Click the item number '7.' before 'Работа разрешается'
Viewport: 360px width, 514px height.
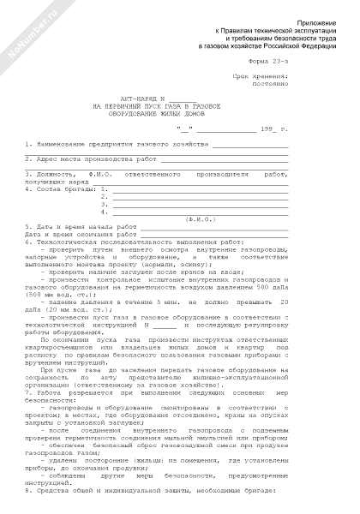pyautogui.click(x=29, y=397)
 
